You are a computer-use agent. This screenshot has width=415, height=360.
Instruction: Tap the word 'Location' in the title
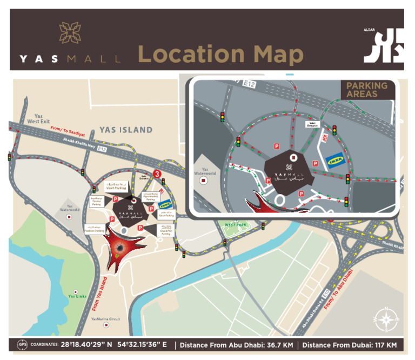tap(190, 54)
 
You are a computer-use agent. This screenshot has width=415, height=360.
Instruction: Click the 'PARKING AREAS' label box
tap(367, 90)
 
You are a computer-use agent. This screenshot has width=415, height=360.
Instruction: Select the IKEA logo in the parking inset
tap(334, 161)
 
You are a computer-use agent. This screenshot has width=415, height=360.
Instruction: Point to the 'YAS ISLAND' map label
tap(126, 130)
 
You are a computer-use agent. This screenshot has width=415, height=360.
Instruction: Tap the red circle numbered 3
tap(157, 174)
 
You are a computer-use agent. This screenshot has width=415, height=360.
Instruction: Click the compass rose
tap(387, 320)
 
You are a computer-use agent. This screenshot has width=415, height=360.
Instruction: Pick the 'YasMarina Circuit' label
tap(106, 319)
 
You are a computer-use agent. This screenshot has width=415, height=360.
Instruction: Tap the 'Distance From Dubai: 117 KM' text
tap(349, 345)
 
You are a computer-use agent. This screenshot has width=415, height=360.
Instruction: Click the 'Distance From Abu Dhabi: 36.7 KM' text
tap(237, 345)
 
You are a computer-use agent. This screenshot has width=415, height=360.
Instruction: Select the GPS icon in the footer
tap(22, 345)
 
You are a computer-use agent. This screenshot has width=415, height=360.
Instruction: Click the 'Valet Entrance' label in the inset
tap(312, 124)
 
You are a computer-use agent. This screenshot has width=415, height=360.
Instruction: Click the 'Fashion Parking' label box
tap(93, 229)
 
